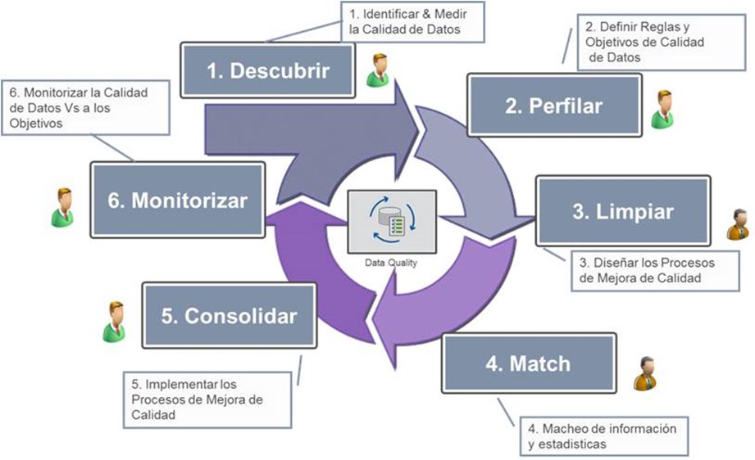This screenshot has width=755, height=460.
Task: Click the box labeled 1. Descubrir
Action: click(268, 70)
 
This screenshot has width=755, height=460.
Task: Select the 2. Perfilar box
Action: click(555, 106)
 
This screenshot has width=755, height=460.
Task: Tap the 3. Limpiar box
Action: click(623, 211)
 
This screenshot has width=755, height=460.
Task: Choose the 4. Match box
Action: click(528, 363)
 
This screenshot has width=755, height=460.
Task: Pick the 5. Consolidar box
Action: click(229, 315)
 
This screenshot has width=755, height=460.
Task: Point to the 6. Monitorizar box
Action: click(177, 200)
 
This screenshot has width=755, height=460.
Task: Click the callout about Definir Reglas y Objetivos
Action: click(641, 40)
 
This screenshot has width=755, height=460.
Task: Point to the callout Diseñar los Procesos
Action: click(647, 270)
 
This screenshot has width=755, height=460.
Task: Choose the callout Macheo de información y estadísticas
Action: click(602, 435)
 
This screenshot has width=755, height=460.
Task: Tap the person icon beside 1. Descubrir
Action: click(379, 70)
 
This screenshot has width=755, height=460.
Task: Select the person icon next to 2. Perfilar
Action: click(662, 110)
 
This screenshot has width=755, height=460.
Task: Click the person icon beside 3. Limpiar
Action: click(738, 223)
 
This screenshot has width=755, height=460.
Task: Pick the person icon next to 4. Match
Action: click(645, 373)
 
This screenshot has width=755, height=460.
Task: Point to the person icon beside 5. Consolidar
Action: click(114, 322)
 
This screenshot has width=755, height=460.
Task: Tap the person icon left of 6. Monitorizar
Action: click(62, 207)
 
